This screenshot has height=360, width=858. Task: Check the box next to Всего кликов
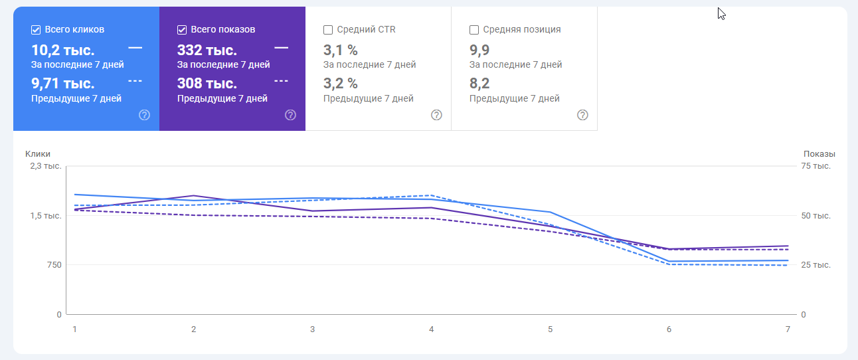(36, 30)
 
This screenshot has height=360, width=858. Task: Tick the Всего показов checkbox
(182, 30)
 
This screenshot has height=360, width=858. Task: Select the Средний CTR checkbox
(328, 30)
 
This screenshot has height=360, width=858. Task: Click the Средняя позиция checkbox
(474, 30)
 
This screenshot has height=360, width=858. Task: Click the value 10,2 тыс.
(63, 50)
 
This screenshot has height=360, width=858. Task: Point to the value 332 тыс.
(207, 50)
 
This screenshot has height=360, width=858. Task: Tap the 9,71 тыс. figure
(63, 84)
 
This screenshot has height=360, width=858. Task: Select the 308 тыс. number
(207, 84)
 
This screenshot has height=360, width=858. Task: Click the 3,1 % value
(340, 50)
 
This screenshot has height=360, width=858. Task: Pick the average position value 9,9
(479, 50)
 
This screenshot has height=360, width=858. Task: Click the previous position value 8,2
(479, 84)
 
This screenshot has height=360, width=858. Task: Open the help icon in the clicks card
(145, 115)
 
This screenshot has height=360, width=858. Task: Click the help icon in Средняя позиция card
(582, 115)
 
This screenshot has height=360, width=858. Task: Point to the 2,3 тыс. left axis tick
(46, 166)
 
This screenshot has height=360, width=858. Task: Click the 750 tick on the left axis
(54, 265)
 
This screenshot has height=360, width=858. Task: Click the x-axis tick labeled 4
(432, 329)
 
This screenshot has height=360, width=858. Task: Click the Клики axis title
(38, 154)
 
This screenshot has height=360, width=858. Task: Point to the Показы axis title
(819, 154)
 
